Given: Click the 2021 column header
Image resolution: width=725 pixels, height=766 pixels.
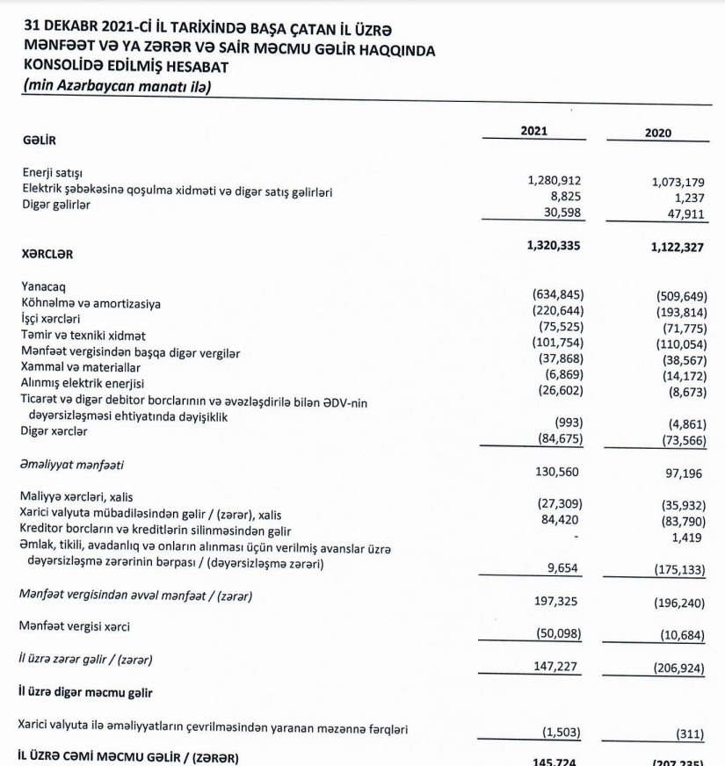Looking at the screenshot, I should click(533, 131).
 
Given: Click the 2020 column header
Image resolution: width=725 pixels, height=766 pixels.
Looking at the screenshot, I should click(657, 133).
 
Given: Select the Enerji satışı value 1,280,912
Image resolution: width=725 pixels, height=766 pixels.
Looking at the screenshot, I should click(555, 180).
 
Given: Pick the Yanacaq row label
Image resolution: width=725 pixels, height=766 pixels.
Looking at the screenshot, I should click(45, 287).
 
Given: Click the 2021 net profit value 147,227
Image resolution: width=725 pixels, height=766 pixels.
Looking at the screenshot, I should click(557, 667).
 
